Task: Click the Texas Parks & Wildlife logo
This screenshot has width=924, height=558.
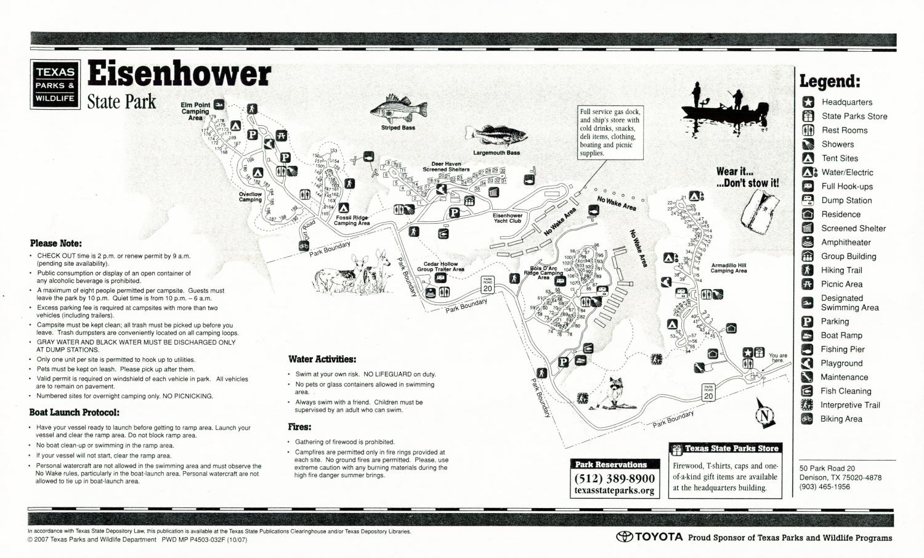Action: tap(55, 84)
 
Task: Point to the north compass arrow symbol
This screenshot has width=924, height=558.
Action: tap(764, 413)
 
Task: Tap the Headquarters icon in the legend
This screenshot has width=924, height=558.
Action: tap(808, 102)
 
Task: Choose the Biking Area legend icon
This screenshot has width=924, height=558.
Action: tap(807, 419)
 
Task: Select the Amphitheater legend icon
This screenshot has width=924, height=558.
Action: tap(808, 242)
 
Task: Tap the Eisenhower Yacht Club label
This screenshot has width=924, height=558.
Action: tap(507, 218)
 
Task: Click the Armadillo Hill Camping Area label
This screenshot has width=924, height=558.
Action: tap(728, 268)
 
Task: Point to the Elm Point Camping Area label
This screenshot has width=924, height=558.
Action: tap(195, 111)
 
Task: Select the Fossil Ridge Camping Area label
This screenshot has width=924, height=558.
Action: tap(352, 220)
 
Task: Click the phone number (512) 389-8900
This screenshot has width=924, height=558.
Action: tap(614, 478)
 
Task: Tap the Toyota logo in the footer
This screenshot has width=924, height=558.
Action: tap(650, 537)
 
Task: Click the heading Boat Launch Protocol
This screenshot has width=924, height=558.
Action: tap(75, 412)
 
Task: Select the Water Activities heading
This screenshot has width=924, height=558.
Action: tap(322, 359)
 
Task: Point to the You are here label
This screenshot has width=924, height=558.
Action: tap(777, 358)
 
